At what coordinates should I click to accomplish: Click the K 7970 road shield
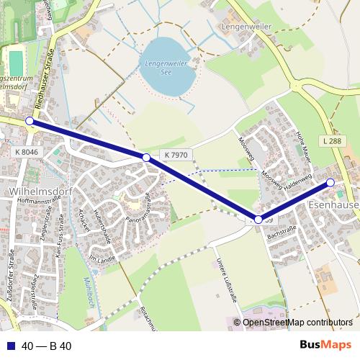(x=176, y=155)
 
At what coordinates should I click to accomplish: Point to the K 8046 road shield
(x=26, y=152)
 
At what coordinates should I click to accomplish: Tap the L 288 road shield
(x=333, y=142)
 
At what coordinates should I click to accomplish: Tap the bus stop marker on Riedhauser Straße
(x=30, y=121)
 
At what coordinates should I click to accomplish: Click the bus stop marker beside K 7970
(x=146, y=157)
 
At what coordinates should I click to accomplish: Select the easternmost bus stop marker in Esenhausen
(x=330, y=183)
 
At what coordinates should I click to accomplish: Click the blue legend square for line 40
(x=10, y=346)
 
